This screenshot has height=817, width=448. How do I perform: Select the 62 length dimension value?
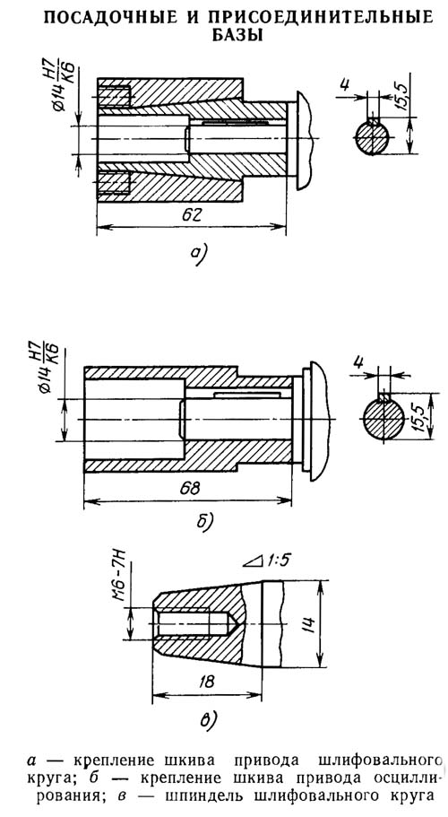click(x=191, y=216)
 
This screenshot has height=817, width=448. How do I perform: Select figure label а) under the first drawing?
click(x=198, y=252)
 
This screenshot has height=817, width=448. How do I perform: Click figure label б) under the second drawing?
click(x=204, y=521)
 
